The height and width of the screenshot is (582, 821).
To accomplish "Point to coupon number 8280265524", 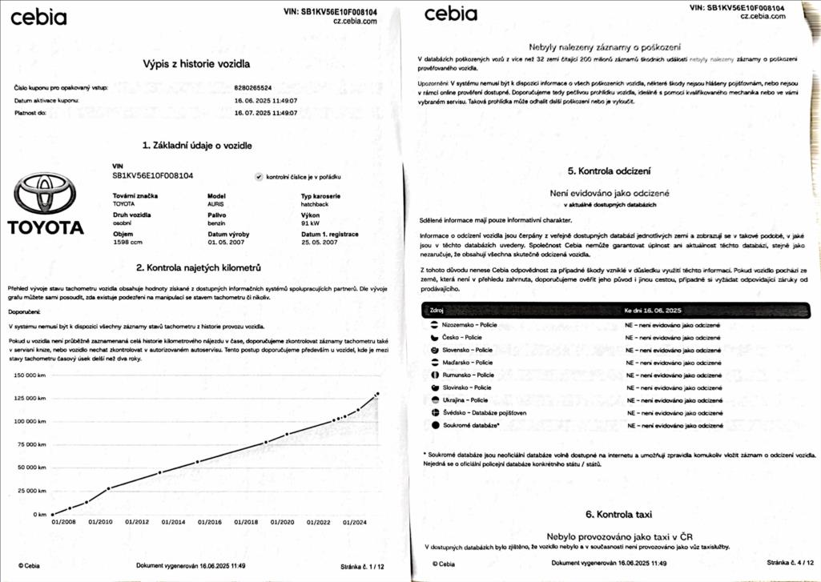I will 253,87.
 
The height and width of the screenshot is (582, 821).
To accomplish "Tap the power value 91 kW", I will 312,223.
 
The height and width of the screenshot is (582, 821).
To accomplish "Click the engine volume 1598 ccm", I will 127,241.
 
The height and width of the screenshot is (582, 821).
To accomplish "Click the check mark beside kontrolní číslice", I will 259,176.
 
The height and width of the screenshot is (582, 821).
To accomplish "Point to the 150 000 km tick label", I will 30,375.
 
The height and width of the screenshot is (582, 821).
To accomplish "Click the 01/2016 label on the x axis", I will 209,522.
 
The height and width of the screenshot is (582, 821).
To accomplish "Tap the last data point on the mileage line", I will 377,393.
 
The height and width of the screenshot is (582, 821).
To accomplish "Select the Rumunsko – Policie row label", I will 469,375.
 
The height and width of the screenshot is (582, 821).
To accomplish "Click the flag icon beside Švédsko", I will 435,412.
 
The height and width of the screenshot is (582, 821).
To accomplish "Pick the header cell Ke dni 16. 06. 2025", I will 653,309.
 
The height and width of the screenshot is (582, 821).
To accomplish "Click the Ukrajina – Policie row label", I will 465,399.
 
